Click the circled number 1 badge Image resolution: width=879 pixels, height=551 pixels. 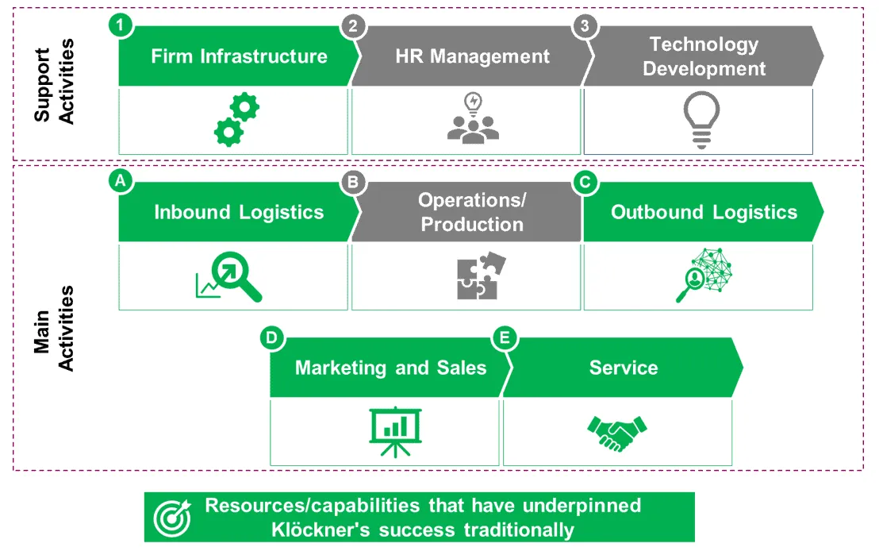point(120,25)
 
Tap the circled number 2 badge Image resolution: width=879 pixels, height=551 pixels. point(352,25)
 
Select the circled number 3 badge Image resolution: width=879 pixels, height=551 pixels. point(585,25)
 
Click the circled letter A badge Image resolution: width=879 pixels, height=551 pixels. point(120,182)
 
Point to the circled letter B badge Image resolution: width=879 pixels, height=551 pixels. point(352,182)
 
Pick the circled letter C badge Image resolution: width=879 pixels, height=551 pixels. point(585,182)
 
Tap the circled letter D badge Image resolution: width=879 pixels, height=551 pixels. point(271,338)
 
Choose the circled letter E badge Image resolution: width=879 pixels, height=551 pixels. point(504,338)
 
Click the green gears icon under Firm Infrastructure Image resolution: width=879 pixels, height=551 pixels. point(236,120)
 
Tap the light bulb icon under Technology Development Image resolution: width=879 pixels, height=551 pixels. point(702,120)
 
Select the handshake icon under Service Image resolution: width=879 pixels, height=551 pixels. point(616,433)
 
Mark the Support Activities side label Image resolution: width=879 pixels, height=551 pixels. point(55,85)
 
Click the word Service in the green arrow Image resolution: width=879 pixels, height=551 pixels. point(623,368)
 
